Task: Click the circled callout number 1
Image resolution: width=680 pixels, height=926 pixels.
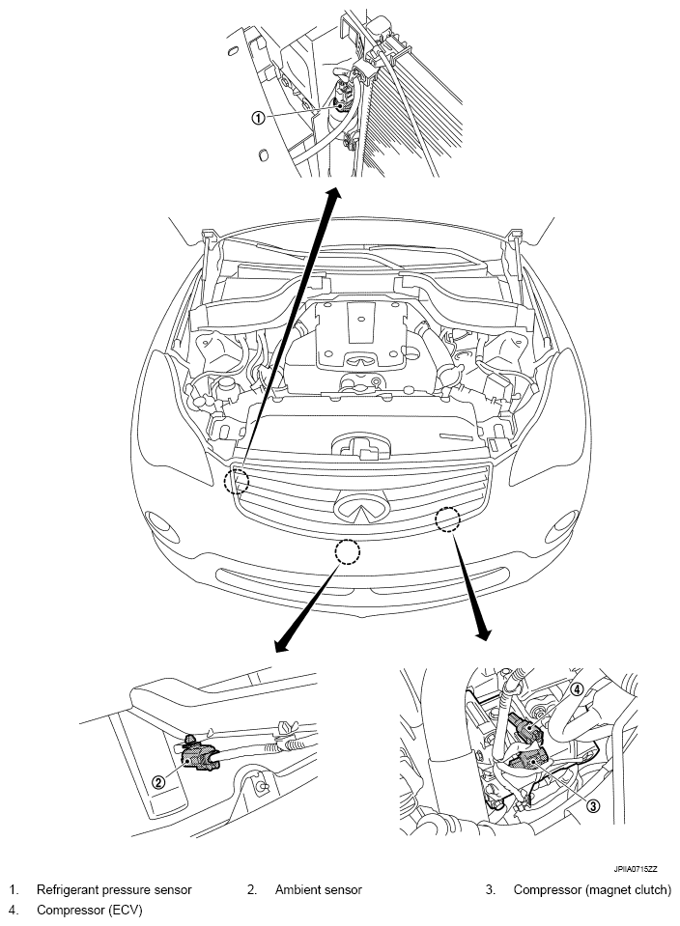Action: (258, 118)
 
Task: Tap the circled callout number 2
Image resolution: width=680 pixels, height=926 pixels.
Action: (157, 782)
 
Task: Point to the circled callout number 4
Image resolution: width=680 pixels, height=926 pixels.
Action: (577, 688)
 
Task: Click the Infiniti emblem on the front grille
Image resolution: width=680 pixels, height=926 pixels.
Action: (361, 506)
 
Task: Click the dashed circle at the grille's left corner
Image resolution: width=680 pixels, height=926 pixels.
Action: (237, 481)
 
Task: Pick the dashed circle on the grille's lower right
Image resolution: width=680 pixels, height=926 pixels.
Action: (447, 519)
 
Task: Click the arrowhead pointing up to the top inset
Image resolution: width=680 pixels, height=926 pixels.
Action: (335, 196)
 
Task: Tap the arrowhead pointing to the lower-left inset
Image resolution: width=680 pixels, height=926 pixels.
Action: (282, 645)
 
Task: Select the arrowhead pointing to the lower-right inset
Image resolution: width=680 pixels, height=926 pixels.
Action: (483, 632)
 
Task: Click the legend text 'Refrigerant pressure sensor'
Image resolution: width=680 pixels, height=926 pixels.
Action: (114, 889)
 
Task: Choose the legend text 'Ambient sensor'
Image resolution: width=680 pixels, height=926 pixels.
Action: (319, 889)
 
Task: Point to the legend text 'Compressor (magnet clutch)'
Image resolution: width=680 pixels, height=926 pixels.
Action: (592, 889)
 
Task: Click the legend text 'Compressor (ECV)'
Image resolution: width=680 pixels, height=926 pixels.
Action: (90, 910)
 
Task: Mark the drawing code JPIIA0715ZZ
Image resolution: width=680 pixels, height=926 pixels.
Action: (636, 869)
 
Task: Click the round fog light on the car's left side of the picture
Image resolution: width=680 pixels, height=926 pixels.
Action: (163, 525)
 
